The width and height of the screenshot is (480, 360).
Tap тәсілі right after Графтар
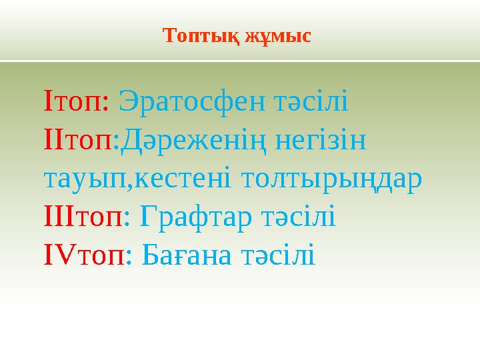pos(299,217)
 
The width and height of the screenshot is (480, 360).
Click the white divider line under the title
pos(240,61)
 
